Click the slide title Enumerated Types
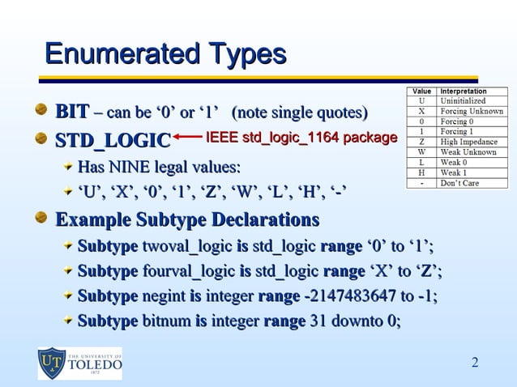coord(165,55)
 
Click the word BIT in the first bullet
coord(72,111)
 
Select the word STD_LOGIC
coord(112,140)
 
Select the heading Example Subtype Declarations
coord(186,219)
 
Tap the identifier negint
coord(164,296)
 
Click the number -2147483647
coord(352,296)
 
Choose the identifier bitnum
coord(166,321)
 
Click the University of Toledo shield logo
coord(53,363)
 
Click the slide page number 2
coord(475,361)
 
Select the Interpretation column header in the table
coord(463,91)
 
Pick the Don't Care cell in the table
coord(460,182)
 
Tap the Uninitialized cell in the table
coord(464,101)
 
